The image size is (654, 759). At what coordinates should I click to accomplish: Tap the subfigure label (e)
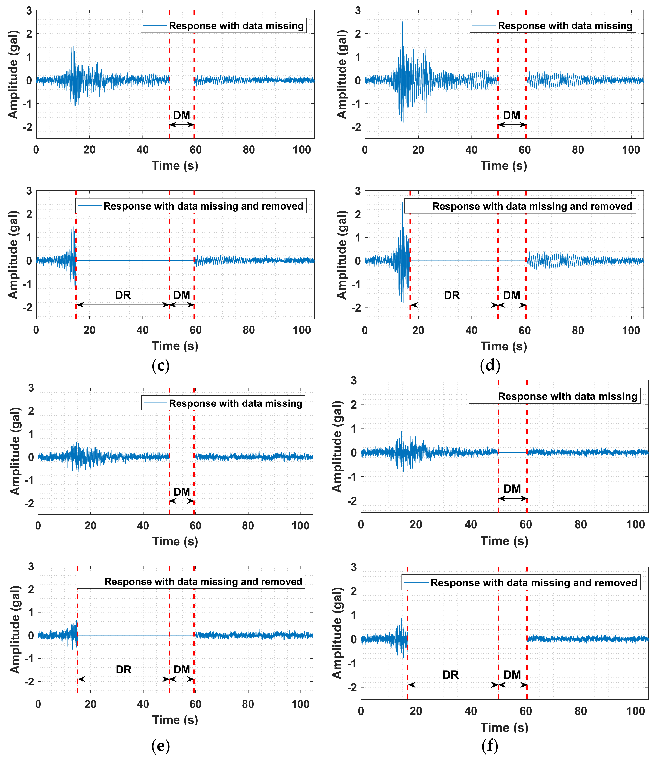(x=160, y=745)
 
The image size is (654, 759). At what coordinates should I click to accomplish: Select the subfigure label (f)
(x=490, y=745)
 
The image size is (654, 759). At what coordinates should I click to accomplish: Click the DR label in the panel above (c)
(x=123, y=295)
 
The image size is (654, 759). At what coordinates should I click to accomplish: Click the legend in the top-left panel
(x=223, y=26)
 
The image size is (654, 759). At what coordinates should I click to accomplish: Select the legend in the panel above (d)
(x=519, y=206)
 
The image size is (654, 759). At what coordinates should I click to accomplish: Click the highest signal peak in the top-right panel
(x=403, y=22)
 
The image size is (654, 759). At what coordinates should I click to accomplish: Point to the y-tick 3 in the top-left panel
(x=29, y=11)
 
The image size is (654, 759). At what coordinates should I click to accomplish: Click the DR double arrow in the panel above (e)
(x=123, y=679)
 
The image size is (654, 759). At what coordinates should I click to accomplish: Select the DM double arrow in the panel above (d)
(x=512, y=305)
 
